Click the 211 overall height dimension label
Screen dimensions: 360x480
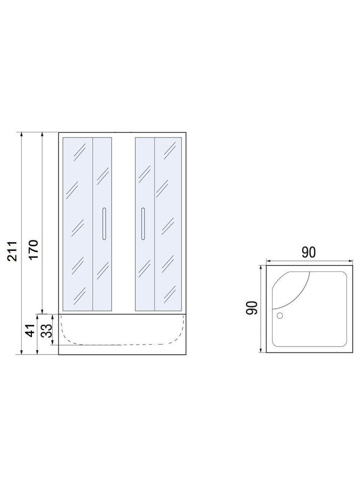[12, 251]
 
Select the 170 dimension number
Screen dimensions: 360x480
[33, 250]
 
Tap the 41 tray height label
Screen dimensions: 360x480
[31, 330]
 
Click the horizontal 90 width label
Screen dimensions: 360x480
[308, 253]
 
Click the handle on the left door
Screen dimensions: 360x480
[104, 224]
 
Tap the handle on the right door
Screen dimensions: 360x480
[142, 224]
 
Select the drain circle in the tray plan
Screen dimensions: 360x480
[280, 316]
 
